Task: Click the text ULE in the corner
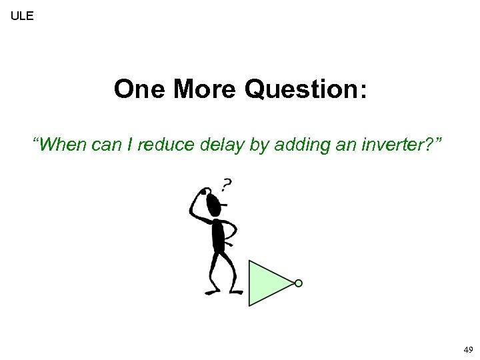(22, 14)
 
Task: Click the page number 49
(468, 349)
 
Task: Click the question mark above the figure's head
(227, 185)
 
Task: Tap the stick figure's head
(213, 204)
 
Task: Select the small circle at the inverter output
(299, 283)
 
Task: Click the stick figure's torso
(217, 235)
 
